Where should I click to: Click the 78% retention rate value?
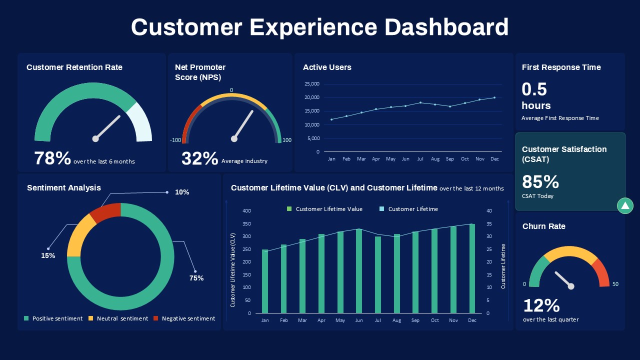(52, 158)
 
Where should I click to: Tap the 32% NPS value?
(199, 158)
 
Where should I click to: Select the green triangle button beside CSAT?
(625, 205)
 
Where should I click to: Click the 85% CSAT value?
(540, 181)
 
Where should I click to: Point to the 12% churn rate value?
(541, 305)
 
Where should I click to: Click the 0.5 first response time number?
(534, 89)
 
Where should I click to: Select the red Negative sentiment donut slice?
(106, 211)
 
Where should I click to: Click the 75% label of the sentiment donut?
(196, 278)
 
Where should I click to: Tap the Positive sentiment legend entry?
(53, 318)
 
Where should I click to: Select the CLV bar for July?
(378, 275)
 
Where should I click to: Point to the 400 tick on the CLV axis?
(246, 210)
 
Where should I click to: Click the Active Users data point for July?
(420, 102)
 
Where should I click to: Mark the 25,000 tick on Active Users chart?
(311, 84)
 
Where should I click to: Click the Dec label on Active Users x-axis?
(494, 159)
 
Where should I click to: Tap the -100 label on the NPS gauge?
(175, 140)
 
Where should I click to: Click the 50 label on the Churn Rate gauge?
(615, 284)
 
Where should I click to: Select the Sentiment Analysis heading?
(64, 188)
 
